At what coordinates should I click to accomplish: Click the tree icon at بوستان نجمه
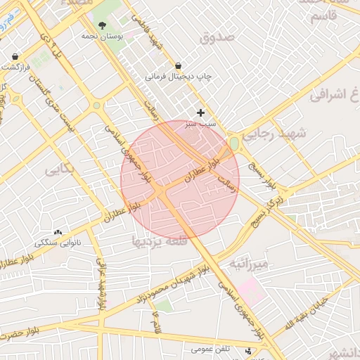click(102, 24)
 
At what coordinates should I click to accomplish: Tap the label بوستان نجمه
click(102, 34)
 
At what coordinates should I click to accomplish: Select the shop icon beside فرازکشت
click(15, 56)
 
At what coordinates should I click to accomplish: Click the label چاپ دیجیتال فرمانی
click(179, 75)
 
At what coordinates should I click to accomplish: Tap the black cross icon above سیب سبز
click(200, 112)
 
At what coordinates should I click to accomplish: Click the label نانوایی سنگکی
click(58, 243)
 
